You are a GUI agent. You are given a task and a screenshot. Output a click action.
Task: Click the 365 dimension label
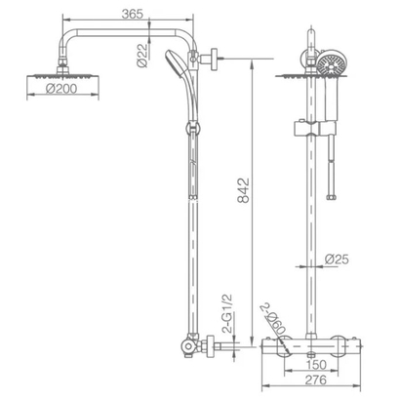(x=132, y=14)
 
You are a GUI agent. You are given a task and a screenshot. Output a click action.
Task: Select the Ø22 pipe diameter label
(x=142, y=55)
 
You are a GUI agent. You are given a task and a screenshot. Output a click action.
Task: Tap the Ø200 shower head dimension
(x=61, y=89)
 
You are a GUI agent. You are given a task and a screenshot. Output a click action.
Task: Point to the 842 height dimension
(x=243, y=190)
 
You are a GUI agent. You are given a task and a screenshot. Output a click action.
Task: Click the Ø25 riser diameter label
(x=337, y=260)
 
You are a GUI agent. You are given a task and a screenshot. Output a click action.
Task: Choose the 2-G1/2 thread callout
(x=227, y=313)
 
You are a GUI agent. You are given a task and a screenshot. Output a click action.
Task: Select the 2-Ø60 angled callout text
(x=272, y=319)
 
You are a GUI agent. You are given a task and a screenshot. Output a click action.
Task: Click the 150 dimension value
(x=316, y=365)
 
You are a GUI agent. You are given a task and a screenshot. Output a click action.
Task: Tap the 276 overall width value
(x=315, y=380)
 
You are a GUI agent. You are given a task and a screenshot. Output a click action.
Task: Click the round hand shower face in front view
(x=331, y=63)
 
